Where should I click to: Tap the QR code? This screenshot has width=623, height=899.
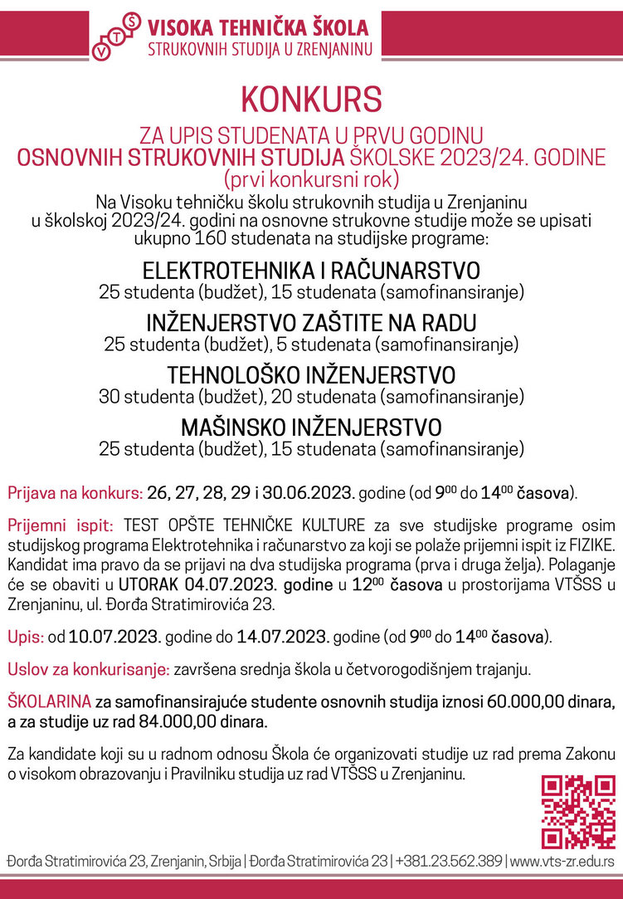pos(578,812)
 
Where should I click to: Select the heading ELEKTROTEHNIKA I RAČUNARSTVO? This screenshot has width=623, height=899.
pos(311,272)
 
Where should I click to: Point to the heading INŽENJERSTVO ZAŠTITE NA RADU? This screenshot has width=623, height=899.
pos(311,323)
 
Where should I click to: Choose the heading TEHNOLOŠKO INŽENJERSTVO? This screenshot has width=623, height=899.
pos(311,375)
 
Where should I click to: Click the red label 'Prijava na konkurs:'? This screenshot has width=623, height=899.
pos(75,493)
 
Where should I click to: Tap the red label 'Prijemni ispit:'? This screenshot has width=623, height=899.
pos(61,525)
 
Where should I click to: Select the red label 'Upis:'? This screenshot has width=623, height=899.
pos(26,638)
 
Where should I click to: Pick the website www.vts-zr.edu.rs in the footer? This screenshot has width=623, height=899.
pos(563,861)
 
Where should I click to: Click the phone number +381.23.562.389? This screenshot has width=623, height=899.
pos(450,861)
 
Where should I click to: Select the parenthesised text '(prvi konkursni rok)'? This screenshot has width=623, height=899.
pos(311,177)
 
